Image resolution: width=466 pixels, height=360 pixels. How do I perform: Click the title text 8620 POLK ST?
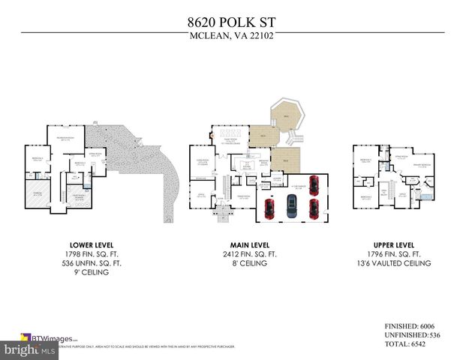[233, 24]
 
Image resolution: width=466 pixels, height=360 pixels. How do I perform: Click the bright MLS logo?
[29, 349]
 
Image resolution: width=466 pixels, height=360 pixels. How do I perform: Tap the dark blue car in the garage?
[292, 202]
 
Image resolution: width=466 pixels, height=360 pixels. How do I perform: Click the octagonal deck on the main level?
[286, 117]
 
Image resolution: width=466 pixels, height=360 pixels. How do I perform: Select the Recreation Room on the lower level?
[65, 139]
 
